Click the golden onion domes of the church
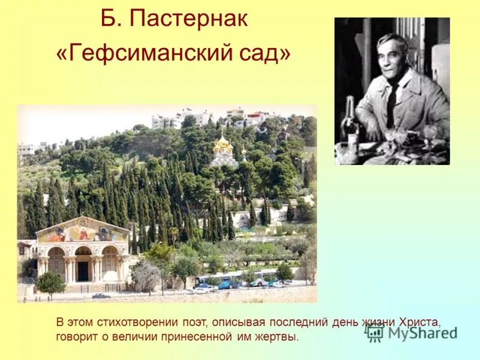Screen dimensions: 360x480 coord(223,144)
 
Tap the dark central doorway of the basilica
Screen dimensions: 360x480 coord(83,271)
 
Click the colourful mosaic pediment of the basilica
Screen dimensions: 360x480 coord(82,230)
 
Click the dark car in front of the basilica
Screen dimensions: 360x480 coord(101,296)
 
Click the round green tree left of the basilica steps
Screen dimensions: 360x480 coord(50,283)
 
